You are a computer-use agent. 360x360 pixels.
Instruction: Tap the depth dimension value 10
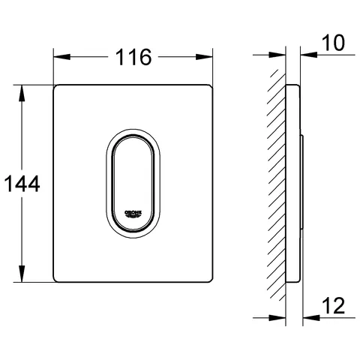pos(334,43)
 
